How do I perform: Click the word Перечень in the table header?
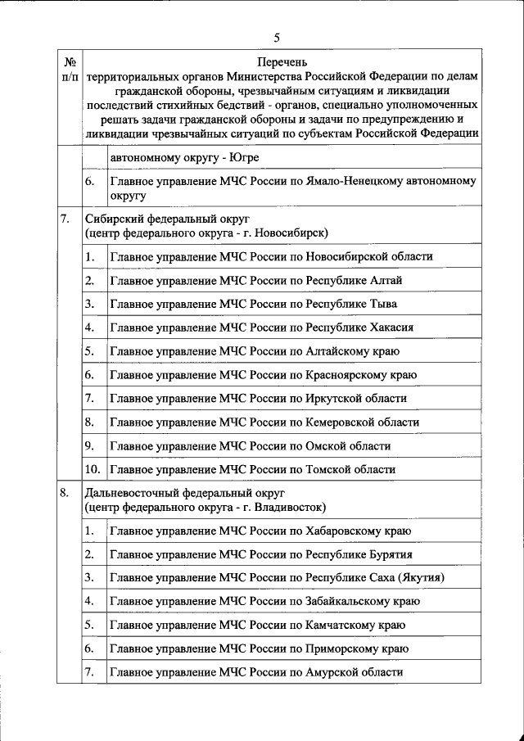(x=282, y=62)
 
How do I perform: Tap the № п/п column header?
(x=70, y=69)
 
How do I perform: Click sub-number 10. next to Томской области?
(x=93, y=470)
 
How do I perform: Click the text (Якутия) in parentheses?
(x=420, y=578)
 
